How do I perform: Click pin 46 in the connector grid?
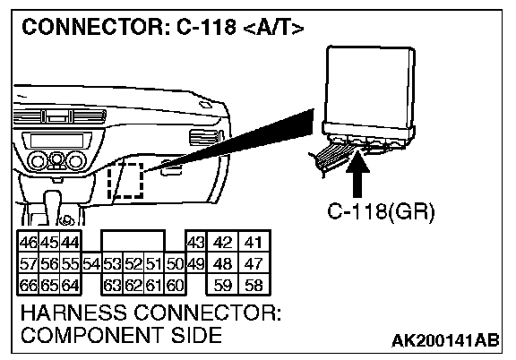click(29, 243)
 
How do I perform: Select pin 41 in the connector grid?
click(254, 243)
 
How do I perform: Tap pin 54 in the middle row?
click(91, 264)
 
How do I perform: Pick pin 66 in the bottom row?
click(29, 285)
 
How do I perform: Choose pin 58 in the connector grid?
click(254, 285)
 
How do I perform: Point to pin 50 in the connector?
click(175, 264)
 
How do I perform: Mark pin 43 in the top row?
click(196, 243)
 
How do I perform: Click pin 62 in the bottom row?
click(133, 285)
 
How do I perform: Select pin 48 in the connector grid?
click(222, 264)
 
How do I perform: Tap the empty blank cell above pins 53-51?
click(133, 242)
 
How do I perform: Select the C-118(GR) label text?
click(381, 211)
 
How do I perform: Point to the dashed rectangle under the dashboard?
click(125, 180)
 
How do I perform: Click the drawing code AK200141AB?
click(445, 340)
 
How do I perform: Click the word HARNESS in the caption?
click(73, 313)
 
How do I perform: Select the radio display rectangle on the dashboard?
click(56, 141)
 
